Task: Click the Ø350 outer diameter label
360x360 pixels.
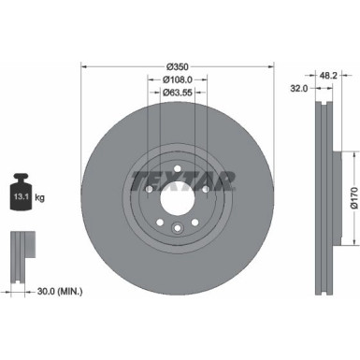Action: (x=178, y=66)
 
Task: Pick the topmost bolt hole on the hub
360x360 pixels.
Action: (x=178, y=166)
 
